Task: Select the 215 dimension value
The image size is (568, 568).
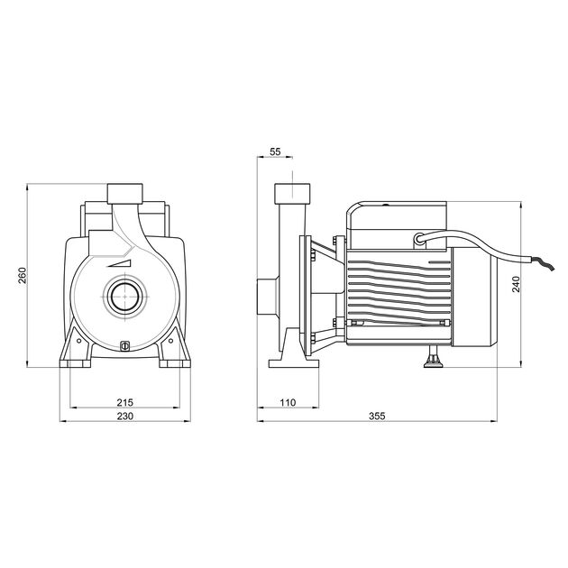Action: tap(125, 401)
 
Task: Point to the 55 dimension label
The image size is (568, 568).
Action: tap(275, 152)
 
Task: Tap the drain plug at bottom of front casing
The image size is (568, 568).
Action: tap(125, 344)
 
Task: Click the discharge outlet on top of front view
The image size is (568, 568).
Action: tap(125, 193)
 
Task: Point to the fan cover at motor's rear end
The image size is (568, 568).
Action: tap(478, 298)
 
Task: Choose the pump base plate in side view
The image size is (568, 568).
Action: tap(294, 362)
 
